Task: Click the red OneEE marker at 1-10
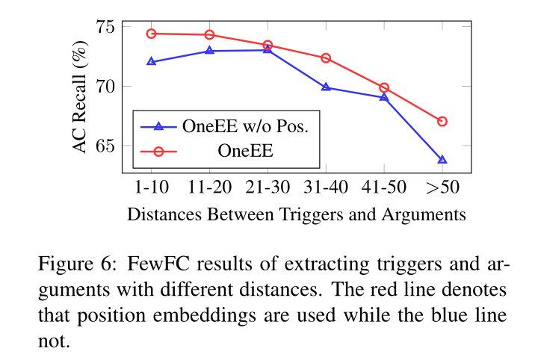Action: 151,34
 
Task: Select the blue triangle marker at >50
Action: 442,160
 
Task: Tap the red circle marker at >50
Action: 442,121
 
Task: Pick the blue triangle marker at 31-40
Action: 326,87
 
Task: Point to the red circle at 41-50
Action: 384,87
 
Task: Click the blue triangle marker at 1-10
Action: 151,62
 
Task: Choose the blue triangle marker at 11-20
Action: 209,51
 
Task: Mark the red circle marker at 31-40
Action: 326,58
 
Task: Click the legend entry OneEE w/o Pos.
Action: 245,126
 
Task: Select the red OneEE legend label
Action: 245,151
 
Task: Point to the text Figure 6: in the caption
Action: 76,264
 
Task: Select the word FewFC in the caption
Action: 153,264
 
